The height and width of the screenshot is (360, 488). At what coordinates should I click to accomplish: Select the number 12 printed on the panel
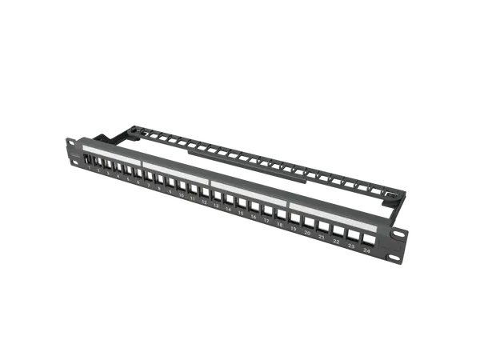(x=205, y=202)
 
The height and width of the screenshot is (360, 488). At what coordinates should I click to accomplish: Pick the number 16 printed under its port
(x=254, y=218)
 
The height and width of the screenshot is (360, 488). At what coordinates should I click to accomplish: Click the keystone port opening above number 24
(x=368, y=239)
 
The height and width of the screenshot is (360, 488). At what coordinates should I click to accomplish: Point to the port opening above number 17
(x=266, y=210)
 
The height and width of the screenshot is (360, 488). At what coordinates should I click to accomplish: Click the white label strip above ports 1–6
(x=112, y=154)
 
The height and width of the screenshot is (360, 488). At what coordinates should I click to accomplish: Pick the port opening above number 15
(x=241, y=203)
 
